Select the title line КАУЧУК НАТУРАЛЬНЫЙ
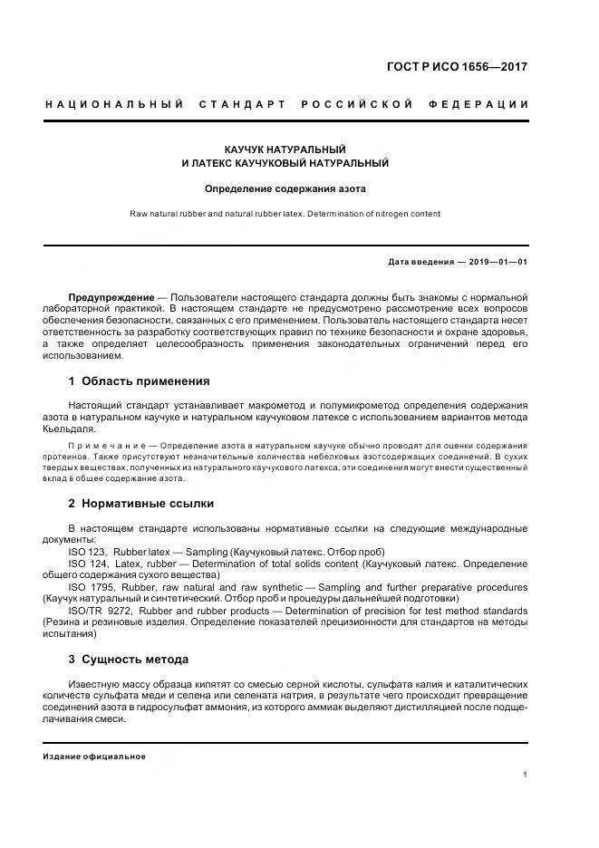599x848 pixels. pyautogui.click(x=285, y=148)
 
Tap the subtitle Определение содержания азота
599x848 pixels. pyautogui.click(x=285, y=189)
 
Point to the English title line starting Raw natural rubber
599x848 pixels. pyautogui.click(x=285, y=214)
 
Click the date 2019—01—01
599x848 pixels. pyautogui.click(x=498, y=262)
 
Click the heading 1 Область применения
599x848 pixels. pyautogui.click(x=139, y=381)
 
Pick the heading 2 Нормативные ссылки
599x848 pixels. pyautogui.click(x=141, y=503)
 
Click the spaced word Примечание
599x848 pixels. pyautogui.click(x=107, y=446)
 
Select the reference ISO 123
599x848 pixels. pyautogui.click(x=88, y=552)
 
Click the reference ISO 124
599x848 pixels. pyautogui.click(x=88, y=564)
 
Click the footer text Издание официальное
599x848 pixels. pyautogui.click(x=94, y=756)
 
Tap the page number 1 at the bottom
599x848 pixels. pyautogui.click(x=526, y=775)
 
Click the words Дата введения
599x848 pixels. pyautogui.click(x=420, y=262)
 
